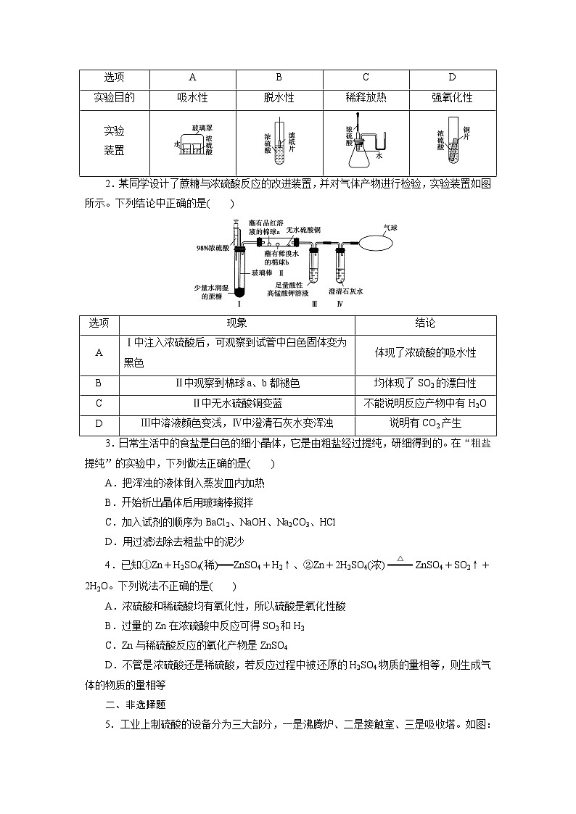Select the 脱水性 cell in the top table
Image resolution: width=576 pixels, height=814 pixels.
(279, 98)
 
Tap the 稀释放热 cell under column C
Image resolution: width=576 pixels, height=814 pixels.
(366, 98)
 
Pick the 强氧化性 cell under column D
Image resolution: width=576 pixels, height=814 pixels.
(452, 98)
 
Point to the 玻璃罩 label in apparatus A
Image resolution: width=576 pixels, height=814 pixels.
(202, 128)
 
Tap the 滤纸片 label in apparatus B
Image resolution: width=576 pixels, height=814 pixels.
(292, 141)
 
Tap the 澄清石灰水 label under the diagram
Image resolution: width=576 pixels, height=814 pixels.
(345, 291)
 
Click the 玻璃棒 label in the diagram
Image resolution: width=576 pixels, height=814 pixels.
(263, 273)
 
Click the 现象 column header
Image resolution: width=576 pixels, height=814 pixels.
(236, 323)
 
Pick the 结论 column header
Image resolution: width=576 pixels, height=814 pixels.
(424, 323)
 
